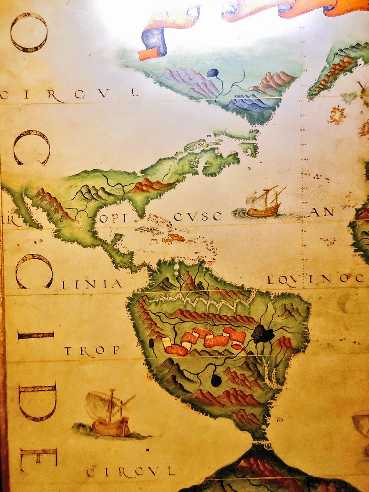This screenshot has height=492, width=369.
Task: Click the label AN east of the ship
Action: (x=321, y=212)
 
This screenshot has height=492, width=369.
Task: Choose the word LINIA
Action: (x=92, y=284)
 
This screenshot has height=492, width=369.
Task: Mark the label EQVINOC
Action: (x=315, y=280)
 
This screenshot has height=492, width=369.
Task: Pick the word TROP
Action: (x=92, y=351)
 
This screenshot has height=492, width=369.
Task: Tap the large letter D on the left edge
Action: (x=37, y=403)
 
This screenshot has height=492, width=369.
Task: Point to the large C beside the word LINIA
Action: (x=34, y=271)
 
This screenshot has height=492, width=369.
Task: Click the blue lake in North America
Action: (x=212, y=73)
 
